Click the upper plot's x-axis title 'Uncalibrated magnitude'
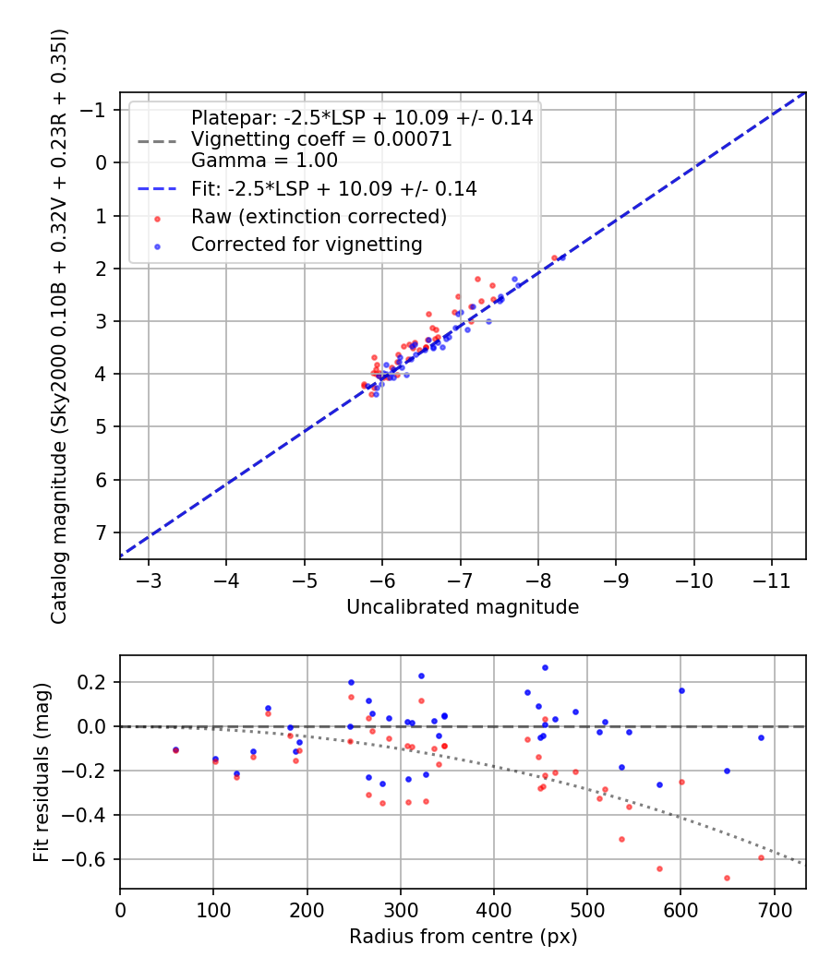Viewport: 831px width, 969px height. (463, 607)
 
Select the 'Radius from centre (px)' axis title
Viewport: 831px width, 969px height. (463, 937)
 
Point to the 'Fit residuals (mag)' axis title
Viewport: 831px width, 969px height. (42, 772)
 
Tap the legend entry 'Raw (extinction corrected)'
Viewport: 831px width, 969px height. (319, 218)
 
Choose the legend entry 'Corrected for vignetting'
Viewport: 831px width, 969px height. (307, 245)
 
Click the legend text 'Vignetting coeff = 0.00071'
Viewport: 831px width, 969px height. (321, 139)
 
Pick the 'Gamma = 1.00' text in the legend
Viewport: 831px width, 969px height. (264, 160)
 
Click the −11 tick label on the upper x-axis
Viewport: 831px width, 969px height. (772, 580)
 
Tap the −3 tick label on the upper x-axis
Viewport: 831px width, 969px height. (149, 580)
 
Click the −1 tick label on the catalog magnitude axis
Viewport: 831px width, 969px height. (97, 110)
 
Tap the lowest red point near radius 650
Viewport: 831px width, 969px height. (727, 878)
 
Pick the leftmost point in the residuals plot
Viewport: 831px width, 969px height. (175, 750)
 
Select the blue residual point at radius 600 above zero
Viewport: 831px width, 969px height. (681, 690)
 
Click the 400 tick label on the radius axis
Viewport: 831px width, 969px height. (494, 909)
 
